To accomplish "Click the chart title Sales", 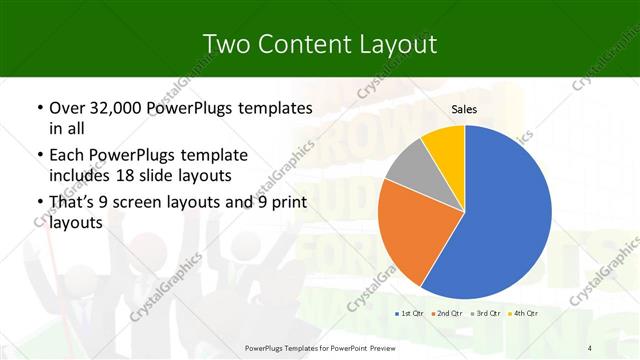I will point(464,109).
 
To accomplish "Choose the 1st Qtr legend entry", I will point(411,313).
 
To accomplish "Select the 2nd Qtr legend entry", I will point(448,313).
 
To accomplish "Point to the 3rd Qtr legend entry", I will point(486,313).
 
